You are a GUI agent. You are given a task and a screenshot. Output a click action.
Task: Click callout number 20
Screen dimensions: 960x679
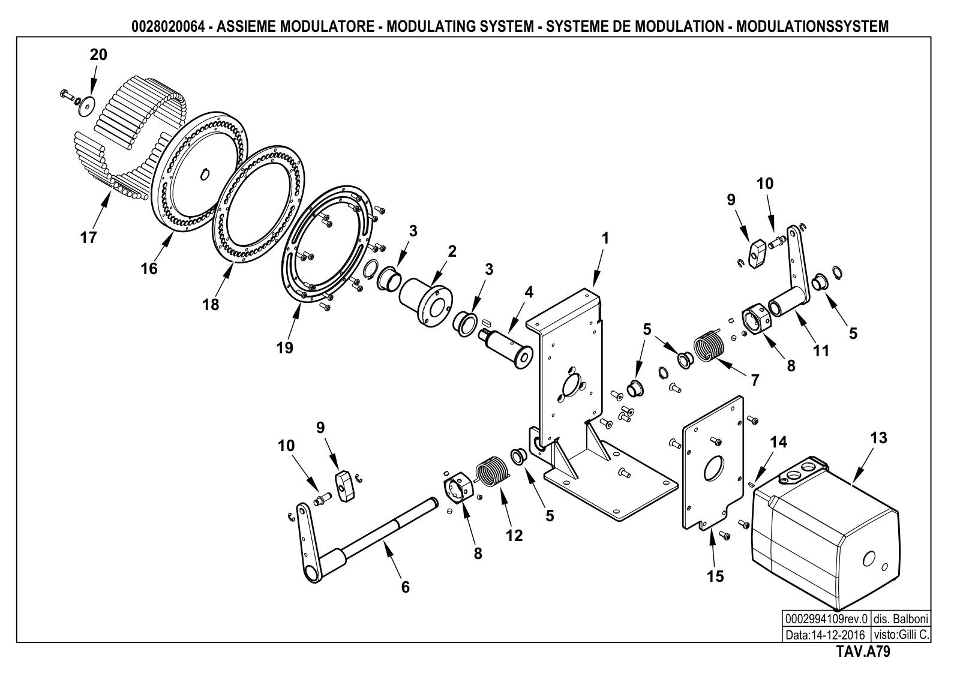click(x=98, y=55)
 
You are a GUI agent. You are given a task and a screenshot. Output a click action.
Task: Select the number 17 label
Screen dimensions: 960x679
click(x=89, y=238)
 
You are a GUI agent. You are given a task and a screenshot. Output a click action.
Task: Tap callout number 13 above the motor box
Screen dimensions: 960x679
click(x=878, y=438)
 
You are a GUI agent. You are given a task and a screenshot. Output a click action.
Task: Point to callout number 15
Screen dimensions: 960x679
click(x=715, y=576)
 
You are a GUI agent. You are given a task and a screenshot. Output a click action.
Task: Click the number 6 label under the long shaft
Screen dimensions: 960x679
click(x=406, y=587)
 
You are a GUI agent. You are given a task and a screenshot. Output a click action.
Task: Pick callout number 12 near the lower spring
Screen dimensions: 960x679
click(x=514, y=536)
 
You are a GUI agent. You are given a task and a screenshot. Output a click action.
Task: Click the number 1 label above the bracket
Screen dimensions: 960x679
click(x=605, y=238)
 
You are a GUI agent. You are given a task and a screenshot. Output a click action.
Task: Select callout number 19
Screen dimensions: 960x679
click(x=284, y=348)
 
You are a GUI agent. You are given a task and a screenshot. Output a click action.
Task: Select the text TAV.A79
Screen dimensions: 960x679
click(x=863, y=651)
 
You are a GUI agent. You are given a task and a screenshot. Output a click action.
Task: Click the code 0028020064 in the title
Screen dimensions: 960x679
click(x=167, y=26)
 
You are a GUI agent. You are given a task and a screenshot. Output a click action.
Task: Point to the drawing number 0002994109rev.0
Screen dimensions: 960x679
click(x=826, y=619)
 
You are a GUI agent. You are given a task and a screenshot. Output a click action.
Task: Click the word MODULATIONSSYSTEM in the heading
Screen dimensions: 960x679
click(x=812, y=26)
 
